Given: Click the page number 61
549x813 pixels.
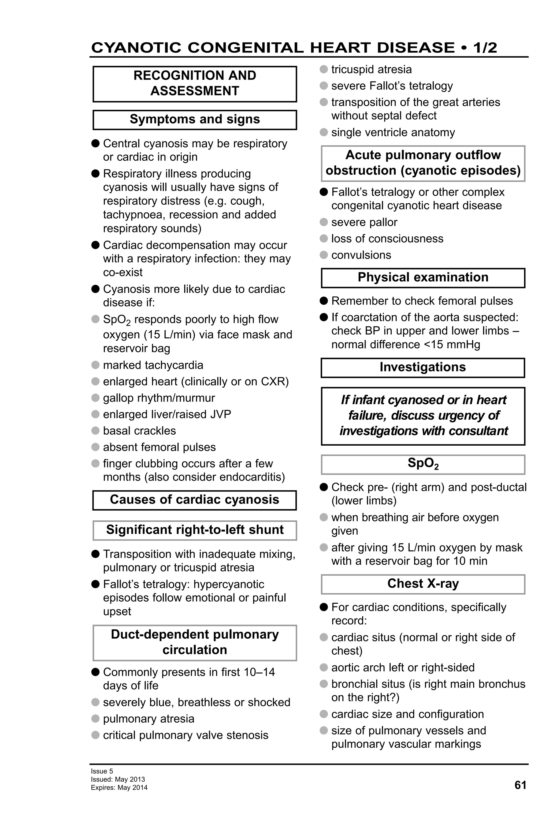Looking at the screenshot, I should pyautogui.click(x=520, y=785).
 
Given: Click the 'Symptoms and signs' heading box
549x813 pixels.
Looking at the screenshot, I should pyautogui.click(x=195, y=120).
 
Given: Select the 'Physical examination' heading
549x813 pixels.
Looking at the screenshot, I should pyautogui.click(x=423, y=277).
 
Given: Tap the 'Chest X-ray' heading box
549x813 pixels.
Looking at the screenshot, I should pyautogui.click(x=423, y=584).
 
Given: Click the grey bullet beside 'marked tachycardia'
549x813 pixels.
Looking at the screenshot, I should pyautogui.click(x=95, y=365).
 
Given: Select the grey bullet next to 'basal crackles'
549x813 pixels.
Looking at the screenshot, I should pyautogui.click(x=95, y=430).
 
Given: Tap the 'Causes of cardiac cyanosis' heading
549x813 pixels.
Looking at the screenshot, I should pyautogui.click(x=195, y=499).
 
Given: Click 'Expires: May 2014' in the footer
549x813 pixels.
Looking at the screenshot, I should pyautogui.click(x=119, y=788).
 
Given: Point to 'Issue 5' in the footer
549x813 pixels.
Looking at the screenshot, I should pyautogui.click(x=102, y=771).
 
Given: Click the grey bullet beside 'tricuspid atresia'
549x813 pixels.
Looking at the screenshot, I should pyautogui.click(x=324, y=69).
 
